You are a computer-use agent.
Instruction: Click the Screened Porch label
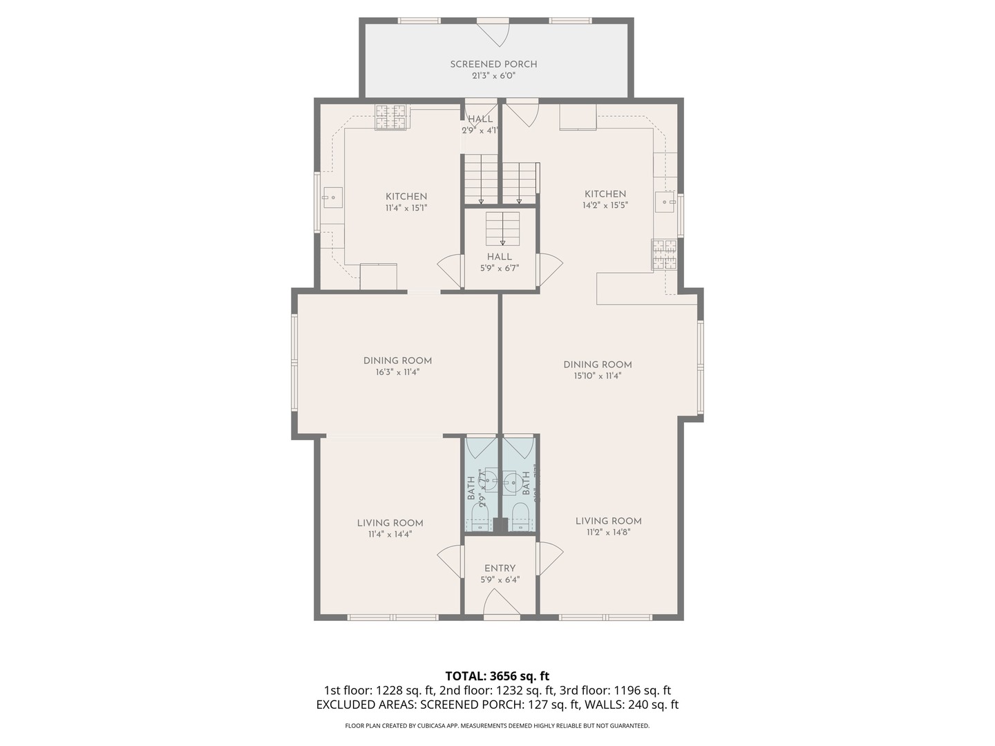(493, 64)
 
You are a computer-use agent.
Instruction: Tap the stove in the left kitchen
(390, 117)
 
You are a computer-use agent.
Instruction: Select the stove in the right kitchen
(664, 254)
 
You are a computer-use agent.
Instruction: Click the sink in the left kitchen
(332, 198)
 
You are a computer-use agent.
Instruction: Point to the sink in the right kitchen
(665, 202)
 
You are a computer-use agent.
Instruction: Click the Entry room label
(500, 568)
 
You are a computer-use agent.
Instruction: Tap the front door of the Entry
(500, 604)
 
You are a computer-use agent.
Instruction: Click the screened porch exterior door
(493, 32)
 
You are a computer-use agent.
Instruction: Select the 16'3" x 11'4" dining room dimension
(397, 372)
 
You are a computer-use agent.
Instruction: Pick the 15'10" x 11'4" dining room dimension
(597, 376)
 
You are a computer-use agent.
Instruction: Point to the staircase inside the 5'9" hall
(502, 229)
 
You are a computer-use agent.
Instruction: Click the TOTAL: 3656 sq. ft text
(497, 676)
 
